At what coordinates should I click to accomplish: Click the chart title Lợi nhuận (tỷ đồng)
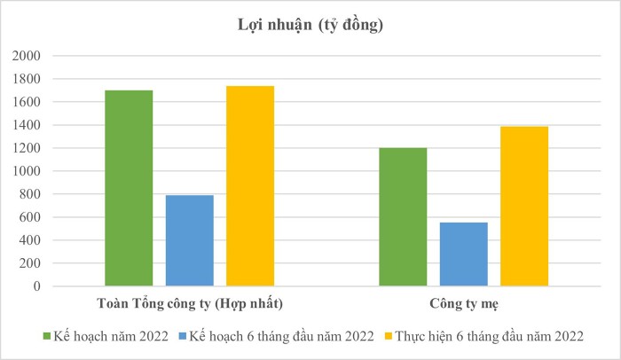click(310, 26)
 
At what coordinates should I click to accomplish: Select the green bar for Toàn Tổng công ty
click(129, 188)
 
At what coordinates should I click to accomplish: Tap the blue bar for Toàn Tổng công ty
click(190, 240)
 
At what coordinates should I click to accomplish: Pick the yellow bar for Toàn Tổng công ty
click(250, 185)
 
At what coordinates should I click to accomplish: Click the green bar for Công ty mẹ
click(403, 217)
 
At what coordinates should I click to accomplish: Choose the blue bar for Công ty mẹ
click(464, 254)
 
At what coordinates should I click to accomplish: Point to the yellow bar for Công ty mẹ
click(524, 207)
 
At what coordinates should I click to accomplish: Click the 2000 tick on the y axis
click(26, 56)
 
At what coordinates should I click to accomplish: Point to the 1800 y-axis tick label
click(26, 79)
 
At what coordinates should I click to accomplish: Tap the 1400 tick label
click(26, 125)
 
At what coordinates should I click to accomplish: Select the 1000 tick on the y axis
click(26, 171)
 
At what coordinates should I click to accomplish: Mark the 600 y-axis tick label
click(29, 217)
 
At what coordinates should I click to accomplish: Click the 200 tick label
click(29, 263)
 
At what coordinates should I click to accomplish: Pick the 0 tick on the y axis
click(37, 286)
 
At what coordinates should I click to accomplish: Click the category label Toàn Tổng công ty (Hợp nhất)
click(190, 304)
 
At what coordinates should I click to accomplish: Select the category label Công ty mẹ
click(464, 304)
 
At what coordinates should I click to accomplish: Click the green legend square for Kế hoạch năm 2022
click(47, 336)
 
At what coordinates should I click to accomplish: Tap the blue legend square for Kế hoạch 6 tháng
click(183, 336)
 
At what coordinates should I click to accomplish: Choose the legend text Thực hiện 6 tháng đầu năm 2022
click(489, 336)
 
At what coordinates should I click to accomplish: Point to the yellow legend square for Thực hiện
click(389, 336)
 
